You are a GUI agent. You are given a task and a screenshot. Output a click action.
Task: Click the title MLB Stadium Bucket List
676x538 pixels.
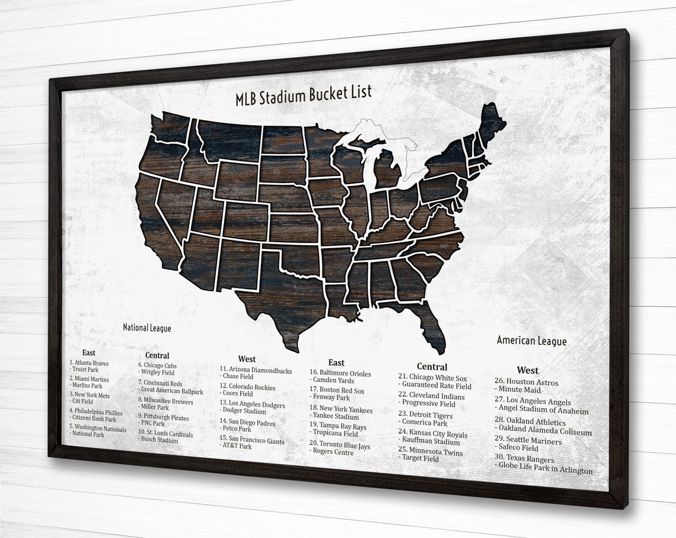pyautogui.click(x=304, y=94)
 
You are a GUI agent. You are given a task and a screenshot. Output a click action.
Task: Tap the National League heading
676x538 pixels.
pyautogui.click(x=146, y=328)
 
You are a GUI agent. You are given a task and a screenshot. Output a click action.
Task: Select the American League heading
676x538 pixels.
pyautogui.click(x=531, y=341)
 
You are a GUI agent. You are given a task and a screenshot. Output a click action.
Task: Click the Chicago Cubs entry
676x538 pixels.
pyautogui.click(x=157, y=366)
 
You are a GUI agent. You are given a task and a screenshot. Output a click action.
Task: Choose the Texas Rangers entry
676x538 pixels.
pyautogui.click(x=524, y=459)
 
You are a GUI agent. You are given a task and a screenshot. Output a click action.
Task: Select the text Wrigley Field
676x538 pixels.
pyautogui.click(x=157, y=373)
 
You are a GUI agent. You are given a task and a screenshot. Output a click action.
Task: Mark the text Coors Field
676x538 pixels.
pyautogui.click(x=237, y=394)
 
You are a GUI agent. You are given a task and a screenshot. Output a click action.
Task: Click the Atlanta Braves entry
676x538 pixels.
pyautogui.click(x=89, y=363)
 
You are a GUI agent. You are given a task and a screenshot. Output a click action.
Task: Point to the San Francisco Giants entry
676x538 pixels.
pyautogui.click(x=252, y=441)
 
